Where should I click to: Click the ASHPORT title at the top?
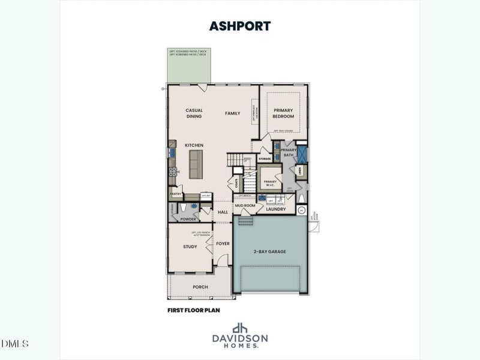tap(239, 26)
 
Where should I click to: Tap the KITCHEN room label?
tap(194, 145)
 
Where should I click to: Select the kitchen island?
tap(196, 164)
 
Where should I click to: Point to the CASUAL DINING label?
tap(194, 113)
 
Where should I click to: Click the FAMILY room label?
tap(232, 113)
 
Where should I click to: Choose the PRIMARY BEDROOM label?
tap(283, 113)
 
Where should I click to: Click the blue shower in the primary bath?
tap(301, 154)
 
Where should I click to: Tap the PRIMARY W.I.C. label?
tap(270, 183)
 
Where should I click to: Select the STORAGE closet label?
tap(265, 159)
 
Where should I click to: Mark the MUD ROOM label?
tap(245, 205)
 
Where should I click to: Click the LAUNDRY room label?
tap(276, 209)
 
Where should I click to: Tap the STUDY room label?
tap(190, 247)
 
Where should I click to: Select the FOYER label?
tap(223, 244)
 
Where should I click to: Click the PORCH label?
tap(200, 287)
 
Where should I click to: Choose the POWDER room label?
tap(188, 219)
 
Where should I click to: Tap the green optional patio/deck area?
tap(189, 66)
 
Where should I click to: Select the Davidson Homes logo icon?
tap(239, 328)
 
